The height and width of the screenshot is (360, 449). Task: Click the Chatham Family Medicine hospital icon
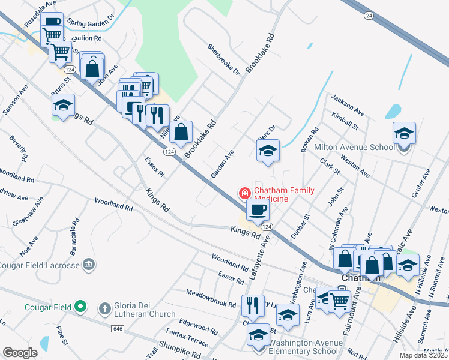(x=244, y=193)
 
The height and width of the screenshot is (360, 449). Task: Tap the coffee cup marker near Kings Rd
(x=258, y=209)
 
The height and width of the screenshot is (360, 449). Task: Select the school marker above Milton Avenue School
(x=404, y=133)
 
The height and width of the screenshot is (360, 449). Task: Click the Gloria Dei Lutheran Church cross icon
(x=106, y=308)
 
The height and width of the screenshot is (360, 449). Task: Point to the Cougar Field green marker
(x=80, y=308)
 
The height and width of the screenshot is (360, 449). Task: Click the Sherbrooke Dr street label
(x=224, y=59)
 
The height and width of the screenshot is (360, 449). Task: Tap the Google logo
(x=20, y=353)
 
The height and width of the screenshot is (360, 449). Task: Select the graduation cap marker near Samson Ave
(x=63, y=105)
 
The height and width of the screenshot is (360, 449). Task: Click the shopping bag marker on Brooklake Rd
(x=181, y=131)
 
